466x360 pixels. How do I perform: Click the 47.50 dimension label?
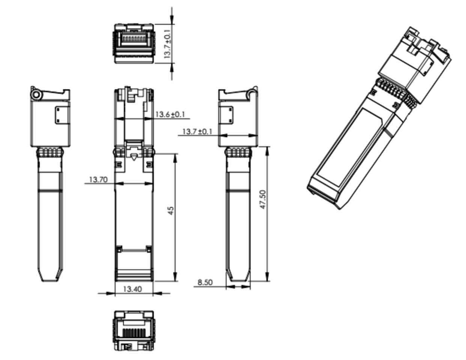click(x=263, y=199)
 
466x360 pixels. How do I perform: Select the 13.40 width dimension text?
click(x=132, y=289)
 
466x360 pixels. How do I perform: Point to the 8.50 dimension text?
click(x=205, y=282)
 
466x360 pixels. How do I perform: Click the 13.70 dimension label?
click(x=98, y=179)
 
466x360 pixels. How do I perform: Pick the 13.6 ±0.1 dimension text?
click(x=170, y=114)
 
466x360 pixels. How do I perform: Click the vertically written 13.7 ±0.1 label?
click(x=167, y=44)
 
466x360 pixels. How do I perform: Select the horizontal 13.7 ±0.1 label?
click(x=197, y=131)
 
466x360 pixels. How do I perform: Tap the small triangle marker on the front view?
click(x=134, y=157)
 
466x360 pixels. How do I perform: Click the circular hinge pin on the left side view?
click(x=37, y=95)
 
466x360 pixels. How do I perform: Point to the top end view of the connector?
click(x=134, y=43)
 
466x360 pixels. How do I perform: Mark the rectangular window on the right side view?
click(x=226, y=115)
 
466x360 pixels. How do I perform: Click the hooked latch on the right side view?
click(x=253, y=92)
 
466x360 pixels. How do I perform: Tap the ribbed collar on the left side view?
click(x=50, y=152)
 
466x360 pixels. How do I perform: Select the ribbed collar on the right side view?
click(x=238, y=152)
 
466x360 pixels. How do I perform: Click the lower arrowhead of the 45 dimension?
click(x=176, y=277)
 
